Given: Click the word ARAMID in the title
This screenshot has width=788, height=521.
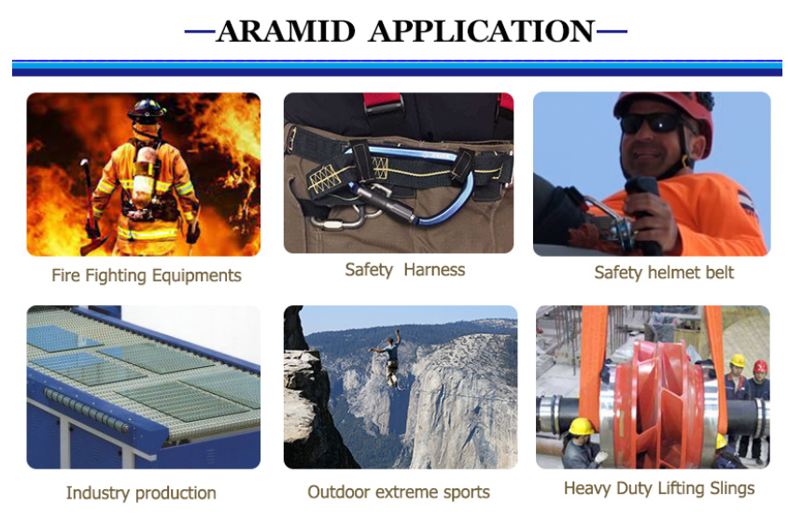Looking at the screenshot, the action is [286, 32].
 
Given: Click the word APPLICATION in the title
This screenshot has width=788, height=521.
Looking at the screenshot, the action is [482, 32].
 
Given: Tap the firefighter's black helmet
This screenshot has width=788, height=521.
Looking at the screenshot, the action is [147, 110].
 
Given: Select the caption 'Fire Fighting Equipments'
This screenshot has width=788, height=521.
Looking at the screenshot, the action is [147, 275].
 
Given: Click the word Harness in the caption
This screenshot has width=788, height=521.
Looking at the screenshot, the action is [434, 270].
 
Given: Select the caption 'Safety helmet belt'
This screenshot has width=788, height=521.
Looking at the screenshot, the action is [664, 273].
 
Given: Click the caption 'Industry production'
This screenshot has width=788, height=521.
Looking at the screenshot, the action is [141, 493].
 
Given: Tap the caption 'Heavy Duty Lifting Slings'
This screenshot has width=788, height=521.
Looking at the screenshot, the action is [659, 488].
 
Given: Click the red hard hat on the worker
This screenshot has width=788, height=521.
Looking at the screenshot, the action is [760, 366].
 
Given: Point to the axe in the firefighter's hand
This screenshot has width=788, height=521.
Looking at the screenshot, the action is [91, 206].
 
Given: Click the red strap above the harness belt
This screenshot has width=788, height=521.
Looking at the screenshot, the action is [384, 101].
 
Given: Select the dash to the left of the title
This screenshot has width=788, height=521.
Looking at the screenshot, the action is [200, 32].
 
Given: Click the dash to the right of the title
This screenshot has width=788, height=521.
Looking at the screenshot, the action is [612, 32].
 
